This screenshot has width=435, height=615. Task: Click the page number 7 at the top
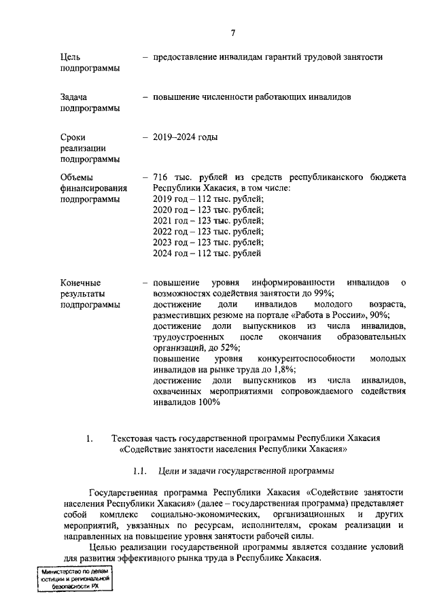coord(232,33)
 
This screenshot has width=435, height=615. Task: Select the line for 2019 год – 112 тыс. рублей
coord(208,199)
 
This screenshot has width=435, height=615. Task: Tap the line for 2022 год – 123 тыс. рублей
coord(208,232)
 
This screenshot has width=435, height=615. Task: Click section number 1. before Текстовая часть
coord(89,438)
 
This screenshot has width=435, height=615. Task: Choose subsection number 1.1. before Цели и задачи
coord(140,471)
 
